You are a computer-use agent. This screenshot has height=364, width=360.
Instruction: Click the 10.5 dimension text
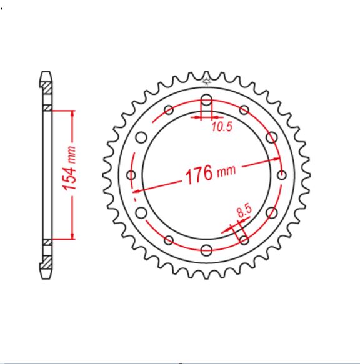point(221,127)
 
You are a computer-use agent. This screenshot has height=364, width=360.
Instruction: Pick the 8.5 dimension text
point(245,211)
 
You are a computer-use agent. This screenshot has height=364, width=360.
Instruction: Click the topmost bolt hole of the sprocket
point(206,100)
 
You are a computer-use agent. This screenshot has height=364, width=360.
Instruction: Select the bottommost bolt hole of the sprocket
point(206,250)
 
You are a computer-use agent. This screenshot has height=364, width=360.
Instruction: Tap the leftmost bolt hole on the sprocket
point(131,175)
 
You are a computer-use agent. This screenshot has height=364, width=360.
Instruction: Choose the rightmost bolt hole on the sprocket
point(281,175)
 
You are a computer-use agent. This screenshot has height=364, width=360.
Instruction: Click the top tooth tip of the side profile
point(46,72)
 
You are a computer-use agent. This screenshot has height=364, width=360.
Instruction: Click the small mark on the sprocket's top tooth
point(207,79)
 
